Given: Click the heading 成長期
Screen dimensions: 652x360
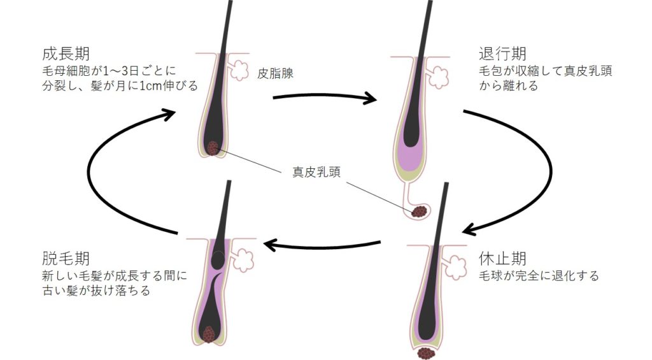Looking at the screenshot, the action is point(66,54).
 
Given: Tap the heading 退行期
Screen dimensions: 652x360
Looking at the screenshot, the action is point(503,54).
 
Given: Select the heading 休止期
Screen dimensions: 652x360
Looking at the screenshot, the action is point(503,259).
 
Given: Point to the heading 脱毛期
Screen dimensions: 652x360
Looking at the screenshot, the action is point(66,259).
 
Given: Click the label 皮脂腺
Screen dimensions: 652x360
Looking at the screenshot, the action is point(275,73).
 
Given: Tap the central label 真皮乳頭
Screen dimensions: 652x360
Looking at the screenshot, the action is point(316,172).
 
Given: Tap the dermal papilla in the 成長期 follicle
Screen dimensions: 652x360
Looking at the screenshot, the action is point(213,148).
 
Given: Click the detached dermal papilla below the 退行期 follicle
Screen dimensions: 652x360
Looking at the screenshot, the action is point(420,212).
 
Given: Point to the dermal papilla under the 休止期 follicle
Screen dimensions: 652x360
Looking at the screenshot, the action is point(426,354).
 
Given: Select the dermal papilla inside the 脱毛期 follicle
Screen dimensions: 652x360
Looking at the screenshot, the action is point(208,335).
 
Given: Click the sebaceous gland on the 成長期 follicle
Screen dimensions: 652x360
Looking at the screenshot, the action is point(239,70).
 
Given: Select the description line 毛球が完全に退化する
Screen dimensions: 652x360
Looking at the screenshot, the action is point(539,276).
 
